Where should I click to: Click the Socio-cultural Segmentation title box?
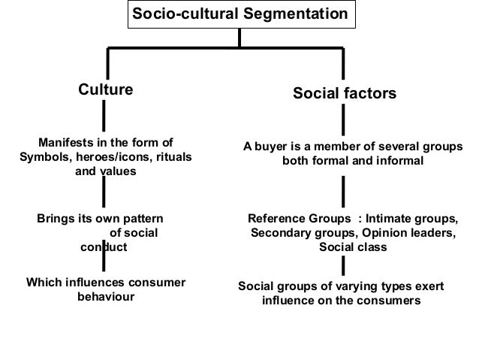tap(239, 14)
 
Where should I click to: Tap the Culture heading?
tap(106, 90)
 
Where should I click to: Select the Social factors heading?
tap(344, 95)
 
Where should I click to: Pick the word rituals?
tap(171, 157)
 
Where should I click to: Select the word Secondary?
tap(279, 233)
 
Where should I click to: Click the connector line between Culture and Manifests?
tap(103, 116)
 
